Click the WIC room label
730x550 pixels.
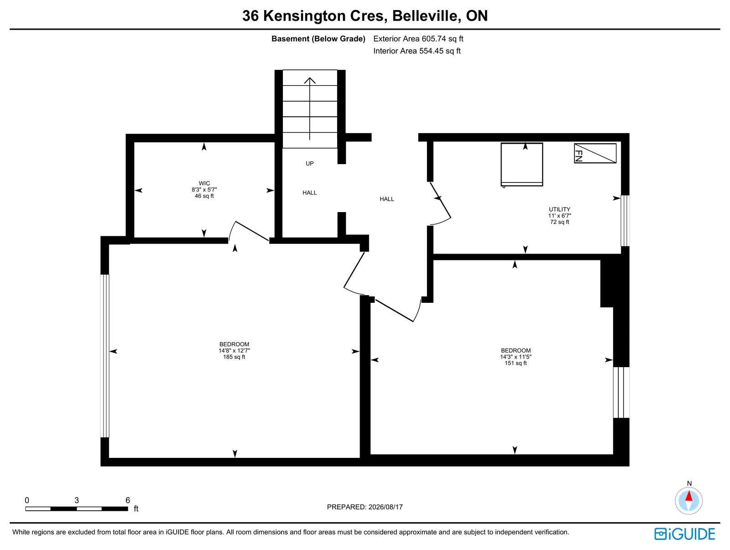[204, 183]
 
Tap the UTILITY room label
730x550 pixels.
[559, 209]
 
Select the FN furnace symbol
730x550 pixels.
[595, 153]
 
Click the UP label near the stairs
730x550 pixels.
[310, 164]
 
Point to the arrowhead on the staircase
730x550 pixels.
[310, 80]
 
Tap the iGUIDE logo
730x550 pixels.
[685, 534]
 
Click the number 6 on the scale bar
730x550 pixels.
[128, 500]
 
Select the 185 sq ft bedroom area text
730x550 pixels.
[234, 357]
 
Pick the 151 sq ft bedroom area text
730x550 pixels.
[516, 363]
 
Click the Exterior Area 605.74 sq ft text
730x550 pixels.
[418, 39]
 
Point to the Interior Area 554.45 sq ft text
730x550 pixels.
[417, 51]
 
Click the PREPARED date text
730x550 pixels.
[365, 507]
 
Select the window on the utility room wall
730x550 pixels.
[625, 221]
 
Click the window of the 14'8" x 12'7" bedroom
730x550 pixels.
[105, 356]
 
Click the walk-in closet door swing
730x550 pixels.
[249, 231]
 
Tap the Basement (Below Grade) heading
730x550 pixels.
[318, 39]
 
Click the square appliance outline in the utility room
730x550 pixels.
[522, 165]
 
